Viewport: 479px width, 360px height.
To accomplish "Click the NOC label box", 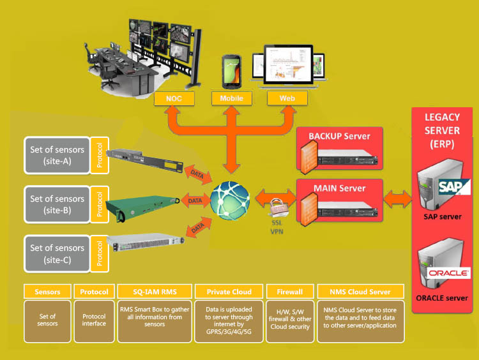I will click(x=174, y=99).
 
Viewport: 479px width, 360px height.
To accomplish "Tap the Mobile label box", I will click(x=231, y=99).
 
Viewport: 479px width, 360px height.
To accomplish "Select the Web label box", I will click(x=287, y=99).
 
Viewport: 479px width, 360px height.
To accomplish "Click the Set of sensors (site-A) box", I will click(x=57, y=155).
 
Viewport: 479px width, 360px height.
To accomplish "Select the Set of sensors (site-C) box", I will click(x=57, y=253).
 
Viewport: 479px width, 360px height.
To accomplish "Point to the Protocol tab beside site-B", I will click(x=99, y=204).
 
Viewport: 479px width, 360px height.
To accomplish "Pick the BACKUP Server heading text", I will click(x=339, y=136).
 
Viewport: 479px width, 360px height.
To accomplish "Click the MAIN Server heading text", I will click(x=339, y=188).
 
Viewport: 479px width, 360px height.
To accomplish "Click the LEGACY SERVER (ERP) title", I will click(x=443, y=130).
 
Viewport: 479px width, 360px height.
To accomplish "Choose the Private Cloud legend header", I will click(x=229, y=292).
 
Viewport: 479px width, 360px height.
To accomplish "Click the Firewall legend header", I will click(x=289, y=292).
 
